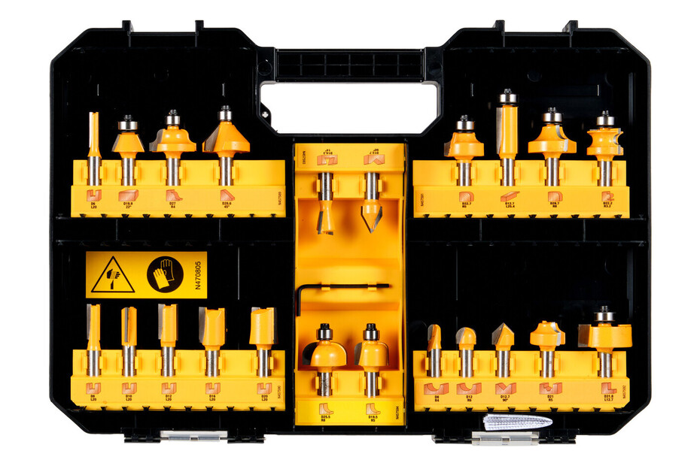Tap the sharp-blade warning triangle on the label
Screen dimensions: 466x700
[113, 275]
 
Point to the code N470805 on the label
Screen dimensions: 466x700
[199, 275]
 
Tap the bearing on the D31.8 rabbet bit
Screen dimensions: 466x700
[604, 316]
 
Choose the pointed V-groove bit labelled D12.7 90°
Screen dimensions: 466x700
[503, 336]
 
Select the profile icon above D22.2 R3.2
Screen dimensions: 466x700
[605, 197]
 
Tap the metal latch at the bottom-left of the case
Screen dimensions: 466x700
[184, 435]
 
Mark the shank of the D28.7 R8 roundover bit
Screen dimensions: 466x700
[553, 171]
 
